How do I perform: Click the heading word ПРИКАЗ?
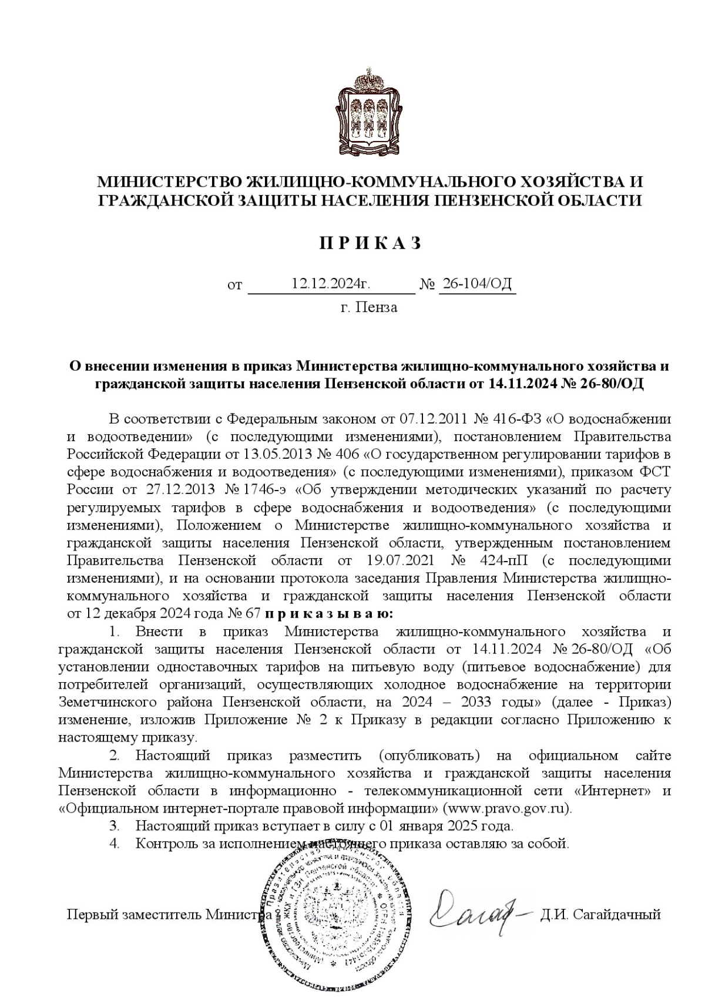tap(370, 243)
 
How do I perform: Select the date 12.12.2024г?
tap(331, 284)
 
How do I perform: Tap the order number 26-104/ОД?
tap(477, 284)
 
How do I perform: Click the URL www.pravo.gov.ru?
tap(506, 808)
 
